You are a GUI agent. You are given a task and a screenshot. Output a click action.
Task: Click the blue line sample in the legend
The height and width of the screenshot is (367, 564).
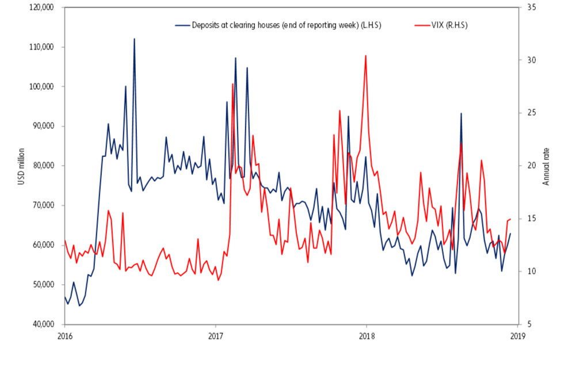182,25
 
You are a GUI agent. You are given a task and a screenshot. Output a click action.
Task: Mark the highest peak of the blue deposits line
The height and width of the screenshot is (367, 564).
134,39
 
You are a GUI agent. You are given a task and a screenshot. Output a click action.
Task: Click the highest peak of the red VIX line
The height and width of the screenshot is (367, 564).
365,56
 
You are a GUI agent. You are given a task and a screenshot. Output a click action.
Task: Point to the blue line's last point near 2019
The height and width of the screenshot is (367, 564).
510,234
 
